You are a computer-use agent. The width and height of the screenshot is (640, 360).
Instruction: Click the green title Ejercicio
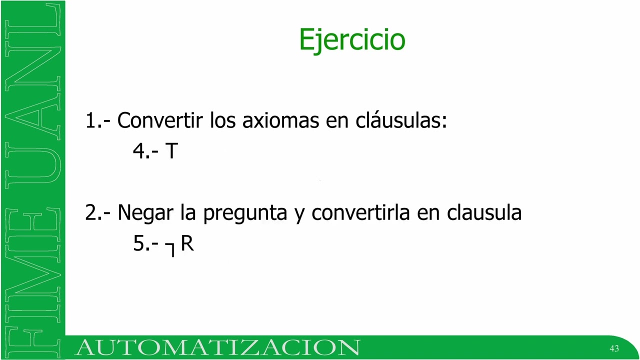[x=352, y=40]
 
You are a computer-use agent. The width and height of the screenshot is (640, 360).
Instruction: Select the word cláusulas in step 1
[x=401, y=120]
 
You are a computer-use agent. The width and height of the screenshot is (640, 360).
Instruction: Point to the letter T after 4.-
[x=171, y=151]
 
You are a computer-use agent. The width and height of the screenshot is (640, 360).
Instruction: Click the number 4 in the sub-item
[x=138, y=151]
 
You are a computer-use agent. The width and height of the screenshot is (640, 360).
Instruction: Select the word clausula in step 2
[x=484, y=213]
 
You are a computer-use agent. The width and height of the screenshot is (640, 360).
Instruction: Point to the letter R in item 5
[x=187, y=243]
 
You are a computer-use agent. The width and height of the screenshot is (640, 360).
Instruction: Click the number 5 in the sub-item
[x=138, y=243]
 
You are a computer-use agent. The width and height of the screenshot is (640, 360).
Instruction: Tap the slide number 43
[x=614, y=348]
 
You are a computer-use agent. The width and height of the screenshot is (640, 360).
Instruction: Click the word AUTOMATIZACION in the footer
[x=217, y=347]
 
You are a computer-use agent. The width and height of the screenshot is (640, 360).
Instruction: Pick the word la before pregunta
[x=188, y=213]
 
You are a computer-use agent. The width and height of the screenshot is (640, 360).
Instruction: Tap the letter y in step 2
[x=299, y=214]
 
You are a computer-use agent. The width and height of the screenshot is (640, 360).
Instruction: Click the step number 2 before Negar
[x=90, y=213]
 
